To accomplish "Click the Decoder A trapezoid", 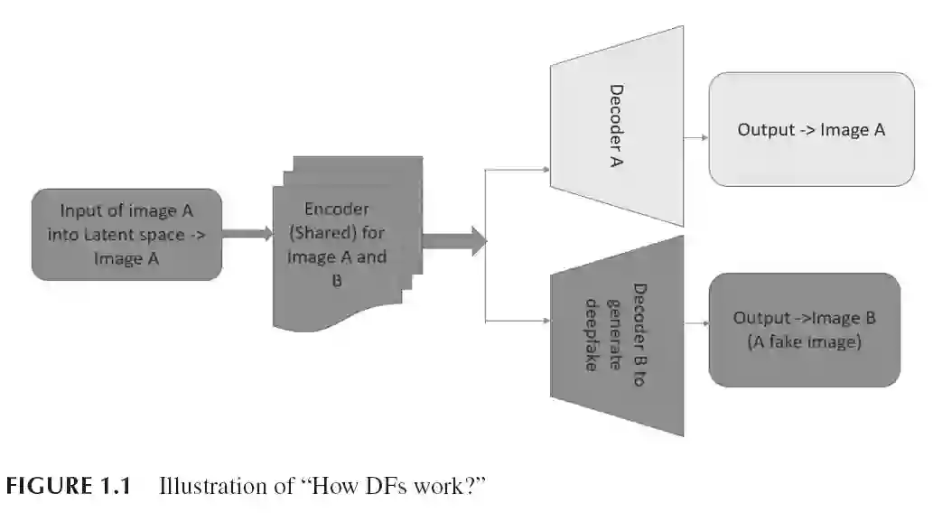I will [x=617, y=126].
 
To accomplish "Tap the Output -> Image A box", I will [x=811, y=129].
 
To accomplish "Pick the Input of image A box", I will [x=126, y=235].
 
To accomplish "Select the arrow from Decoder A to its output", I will [x=695, y=138].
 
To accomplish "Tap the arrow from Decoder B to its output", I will [x=695, y=322].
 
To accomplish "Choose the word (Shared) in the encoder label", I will [x=316, y=233].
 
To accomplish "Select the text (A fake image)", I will [x=805, y=342].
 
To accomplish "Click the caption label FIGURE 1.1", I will [x=69, y=489].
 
